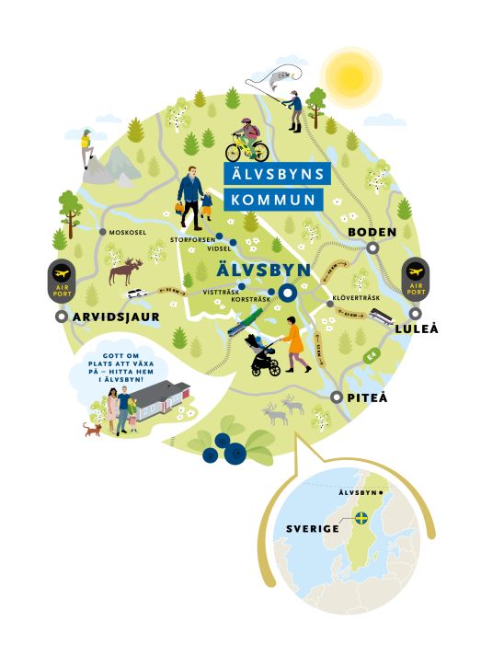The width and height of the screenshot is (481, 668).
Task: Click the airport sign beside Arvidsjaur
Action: [62, 280]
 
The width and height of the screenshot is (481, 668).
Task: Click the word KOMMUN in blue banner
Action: [274, 199]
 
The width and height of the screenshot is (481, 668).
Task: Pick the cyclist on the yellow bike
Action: [247, 140]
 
